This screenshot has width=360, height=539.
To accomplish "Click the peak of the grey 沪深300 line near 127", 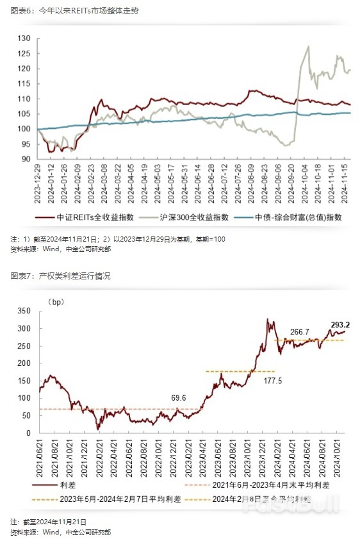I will coord(309,46).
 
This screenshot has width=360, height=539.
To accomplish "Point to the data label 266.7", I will coord(300,331).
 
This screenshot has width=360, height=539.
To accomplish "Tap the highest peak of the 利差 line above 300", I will coord(268,319).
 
